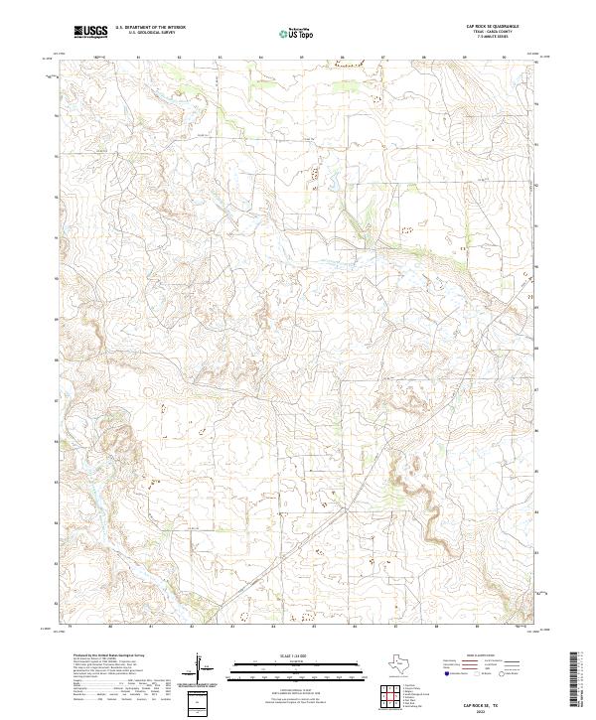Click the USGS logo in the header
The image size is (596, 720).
tap(90, 33)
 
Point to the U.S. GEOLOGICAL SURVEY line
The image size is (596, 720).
tap(149, 35)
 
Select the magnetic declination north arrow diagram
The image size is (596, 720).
tap(202, 669)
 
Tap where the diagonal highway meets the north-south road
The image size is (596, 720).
tap(345, 507)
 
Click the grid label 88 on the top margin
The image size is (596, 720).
tap(424, 59)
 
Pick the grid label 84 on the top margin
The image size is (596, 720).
tap(261, 59)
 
